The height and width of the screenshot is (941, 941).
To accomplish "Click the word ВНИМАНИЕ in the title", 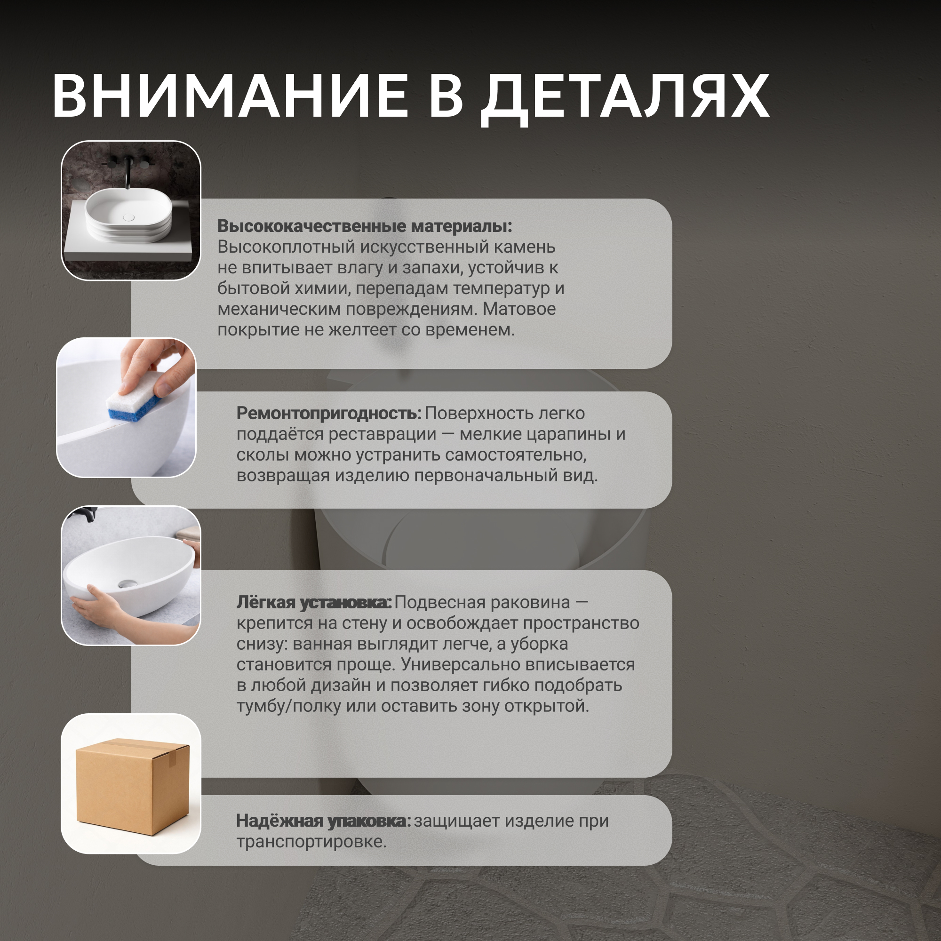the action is tap(230, 96).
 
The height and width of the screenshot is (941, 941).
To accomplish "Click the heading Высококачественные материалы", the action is tap(364, 226).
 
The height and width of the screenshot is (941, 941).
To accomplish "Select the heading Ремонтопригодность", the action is tap(329, 414).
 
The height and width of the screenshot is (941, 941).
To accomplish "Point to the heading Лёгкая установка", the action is tap(314, 603).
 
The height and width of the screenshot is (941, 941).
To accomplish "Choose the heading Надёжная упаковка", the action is tap(323, 821).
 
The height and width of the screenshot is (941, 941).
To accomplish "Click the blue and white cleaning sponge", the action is tap(135, 397).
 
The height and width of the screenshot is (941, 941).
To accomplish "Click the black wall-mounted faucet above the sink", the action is tap(128, 170).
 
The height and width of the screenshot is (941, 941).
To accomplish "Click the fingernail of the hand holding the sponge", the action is tap(164, 388).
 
